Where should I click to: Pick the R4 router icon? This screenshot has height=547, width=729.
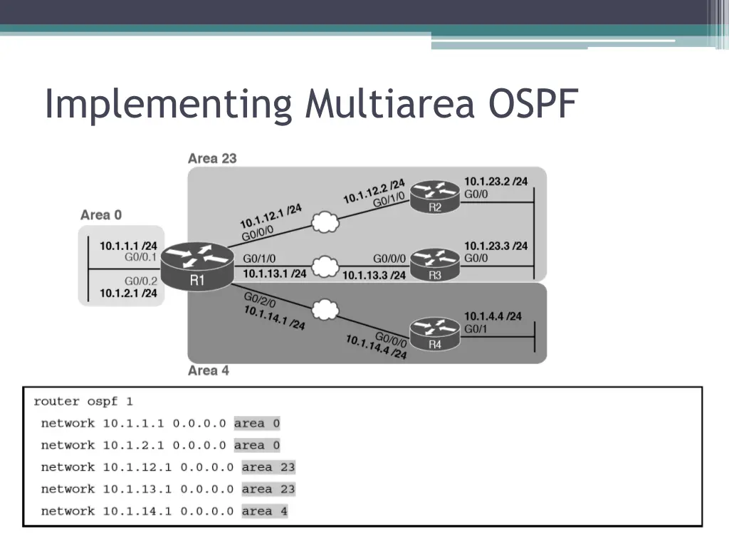(x=435, y=335)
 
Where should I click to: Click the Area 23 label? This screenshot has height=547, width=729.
(x=212, y=158)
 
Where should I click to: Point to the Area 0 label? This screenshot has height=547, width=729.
(x=101, y=214)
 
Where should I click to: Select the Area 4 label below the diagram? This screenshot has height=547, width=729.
(x=209, y=370)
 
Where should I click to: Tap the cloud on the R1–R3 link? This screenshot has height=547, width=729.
(x=325, y=267)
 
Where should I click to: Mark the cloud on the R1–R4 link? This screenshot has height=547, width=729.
(x=325, y=311)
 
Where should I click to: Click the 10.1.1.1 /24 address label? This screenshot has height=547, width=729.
(x=128, y=246)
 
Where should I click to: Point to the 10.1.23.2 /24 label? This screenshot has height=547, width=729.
(x=495, y=182)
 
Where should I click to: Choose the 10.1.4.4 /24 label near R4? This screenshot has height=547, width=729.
(x=493, y=316)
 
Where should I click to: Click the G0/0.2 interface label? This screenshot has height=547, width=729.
(x=141, y=281)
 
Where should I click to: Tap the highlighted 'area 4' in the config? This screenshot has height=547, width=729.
(x=265, y=511)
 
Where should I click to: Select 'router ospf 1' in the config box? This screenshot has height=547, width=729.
(x=83, y=401)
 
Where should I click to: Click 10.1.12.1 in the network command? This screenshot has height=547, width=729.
(x=137, y=467)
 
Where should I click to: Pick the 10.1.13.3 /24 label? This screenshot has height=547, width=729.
(x=374, y=275)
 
